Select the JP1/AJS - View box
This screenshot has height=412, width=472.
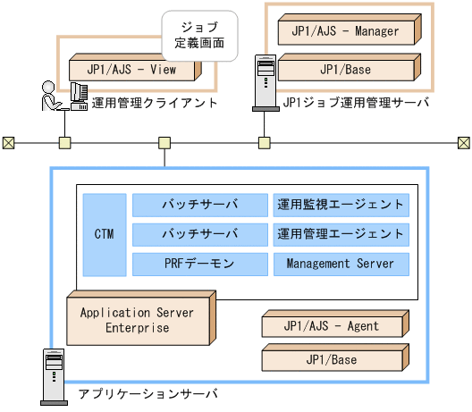click(x=132, y=68)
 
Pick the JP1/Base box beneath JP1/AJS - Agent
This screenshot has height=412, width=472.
click(x=331, y=359)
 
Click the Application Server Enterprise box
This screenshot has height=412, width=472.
click(x=138, y=320)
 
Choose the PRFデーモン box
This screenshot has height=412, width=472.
click(x=199, y=265)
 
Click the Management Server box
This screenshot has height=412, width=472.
click(x=340, y=265)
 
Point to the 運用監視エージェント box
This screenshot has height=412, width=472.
click(x=340, y=204)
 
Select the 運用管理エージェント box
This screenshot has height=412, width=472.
click(x=340, y=234)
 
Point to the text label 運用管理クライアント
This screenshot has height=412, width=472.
click(x=154, y=104)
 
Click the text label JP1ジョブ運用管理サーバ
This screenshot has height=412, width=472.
click(x=355, y=104)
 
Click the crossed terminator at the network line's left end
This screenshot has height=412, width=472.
click(x=9, y=142)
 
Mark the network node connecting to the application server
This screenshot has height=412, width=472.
click(x=164, y=142)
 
